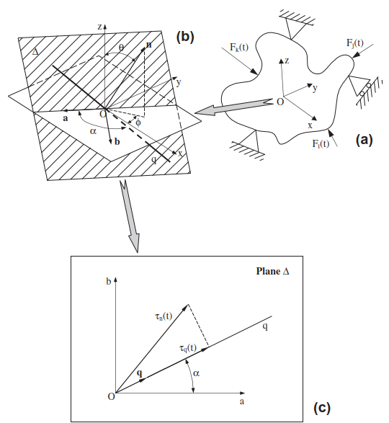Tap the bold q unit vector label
click(142, 374)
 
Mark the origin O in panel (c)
click(111, 396)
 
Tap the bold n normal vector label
click(148, 45)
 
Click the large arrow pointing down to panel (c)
click(130, 217)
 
